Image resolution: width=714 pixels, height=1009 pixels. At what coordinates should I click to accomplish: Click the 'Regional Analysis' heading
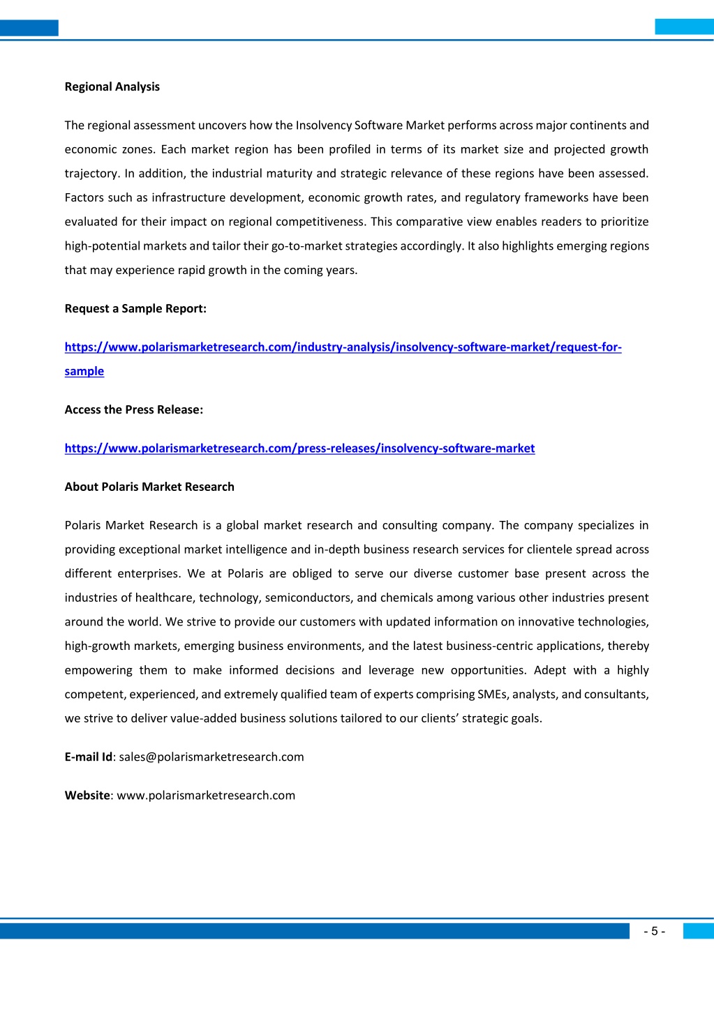coord(112,87)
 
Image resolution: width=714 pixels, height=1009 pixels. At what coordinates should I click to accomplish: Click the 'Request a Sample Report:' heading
coord(135,309)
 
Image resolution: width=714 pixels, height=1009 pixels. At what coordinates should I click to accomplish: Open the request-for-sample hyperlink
coord(343,347)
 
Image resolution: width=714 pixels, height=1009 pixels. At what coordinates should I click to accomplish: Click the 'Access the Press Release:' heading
coord(134,410)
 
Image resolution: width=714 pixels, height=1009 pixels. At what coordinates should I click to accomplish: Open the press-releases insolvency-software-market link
coord(299,448)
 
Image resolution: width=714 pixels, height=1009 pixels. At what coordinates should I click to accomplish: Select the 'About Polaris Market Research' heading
coord(149,487)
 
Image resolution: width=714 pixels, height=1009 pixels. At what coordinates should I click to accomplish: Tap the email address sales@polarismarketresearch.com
coord(211,757)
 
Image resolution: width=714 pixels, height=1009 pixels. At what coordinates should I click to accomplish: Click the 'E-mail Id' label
coord(89,757)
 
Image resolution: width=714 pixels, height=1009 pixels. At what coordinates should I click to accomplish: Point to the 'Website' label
coord(87,796)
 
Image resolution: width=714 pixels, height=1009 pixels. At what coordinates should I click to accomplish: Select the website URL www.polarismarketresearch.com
coord(206,796)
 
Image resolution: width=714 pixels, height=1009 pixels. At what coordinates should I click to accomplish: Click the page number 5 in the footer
coord(654,932)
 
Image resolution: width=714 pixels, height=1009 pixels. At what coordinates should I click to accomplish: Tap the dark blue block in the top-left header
coord(29,28)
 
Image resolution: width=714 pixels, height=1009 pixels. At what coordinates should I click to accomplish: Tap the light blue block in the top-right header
coord(684,26)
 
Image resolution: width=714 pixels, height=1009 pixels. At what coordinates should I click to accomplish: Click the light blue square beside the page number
coord(698,931)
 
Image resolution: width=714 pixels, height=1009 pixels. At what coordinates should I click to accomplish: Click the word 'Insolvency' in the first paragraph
coord(323,126)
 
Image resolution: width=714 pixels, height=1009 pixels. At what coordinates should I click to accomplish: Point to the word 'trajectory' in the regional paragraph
coord(91,174)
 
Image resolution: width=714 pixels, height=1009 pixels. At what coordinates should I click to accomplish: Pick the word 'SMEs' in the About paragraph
coord(493,695)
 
